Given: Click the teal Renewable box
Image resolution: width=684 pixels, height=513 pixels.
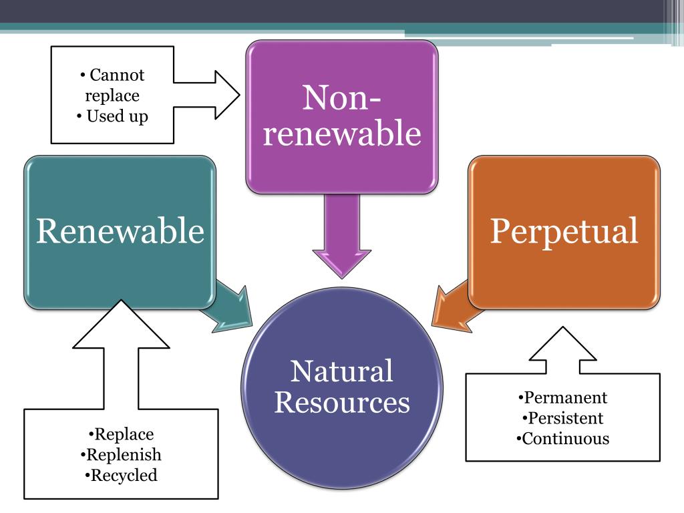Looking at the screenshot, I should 120,232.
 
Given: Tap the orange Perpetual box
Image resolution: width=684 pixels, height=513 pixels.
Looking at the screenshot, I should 564,231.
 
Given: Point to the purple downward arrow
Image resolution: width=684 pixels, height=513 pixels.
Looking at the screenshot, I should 342,240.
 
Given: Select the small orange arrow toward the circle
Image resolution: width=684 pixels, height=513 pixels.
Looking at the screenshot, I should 451,307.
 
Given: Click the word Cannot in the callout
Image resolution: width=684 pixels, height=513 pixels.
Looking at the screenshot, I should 117,75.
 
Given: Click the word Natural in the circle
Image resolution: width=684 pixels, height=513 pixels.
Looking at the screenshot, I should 342,371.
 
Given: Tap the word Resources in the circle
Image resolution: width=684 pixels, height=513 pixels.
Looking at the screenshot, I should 342,403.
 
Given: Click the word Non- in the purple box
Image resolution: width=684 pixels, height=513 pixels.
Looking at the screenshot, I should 342,98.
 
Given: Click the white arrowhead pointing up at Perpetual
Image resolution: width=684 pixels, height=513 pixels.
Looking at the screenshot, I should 563,344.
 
